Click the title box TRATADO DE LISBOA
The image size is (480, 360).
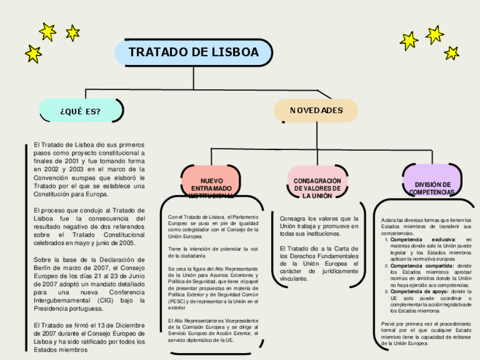[194, 53]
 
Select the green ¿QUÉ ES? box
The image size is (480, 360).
[80, 111]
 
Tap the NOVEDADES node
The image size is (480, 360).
[316, 110]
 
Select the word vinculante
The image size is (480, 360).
[294, 278]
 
